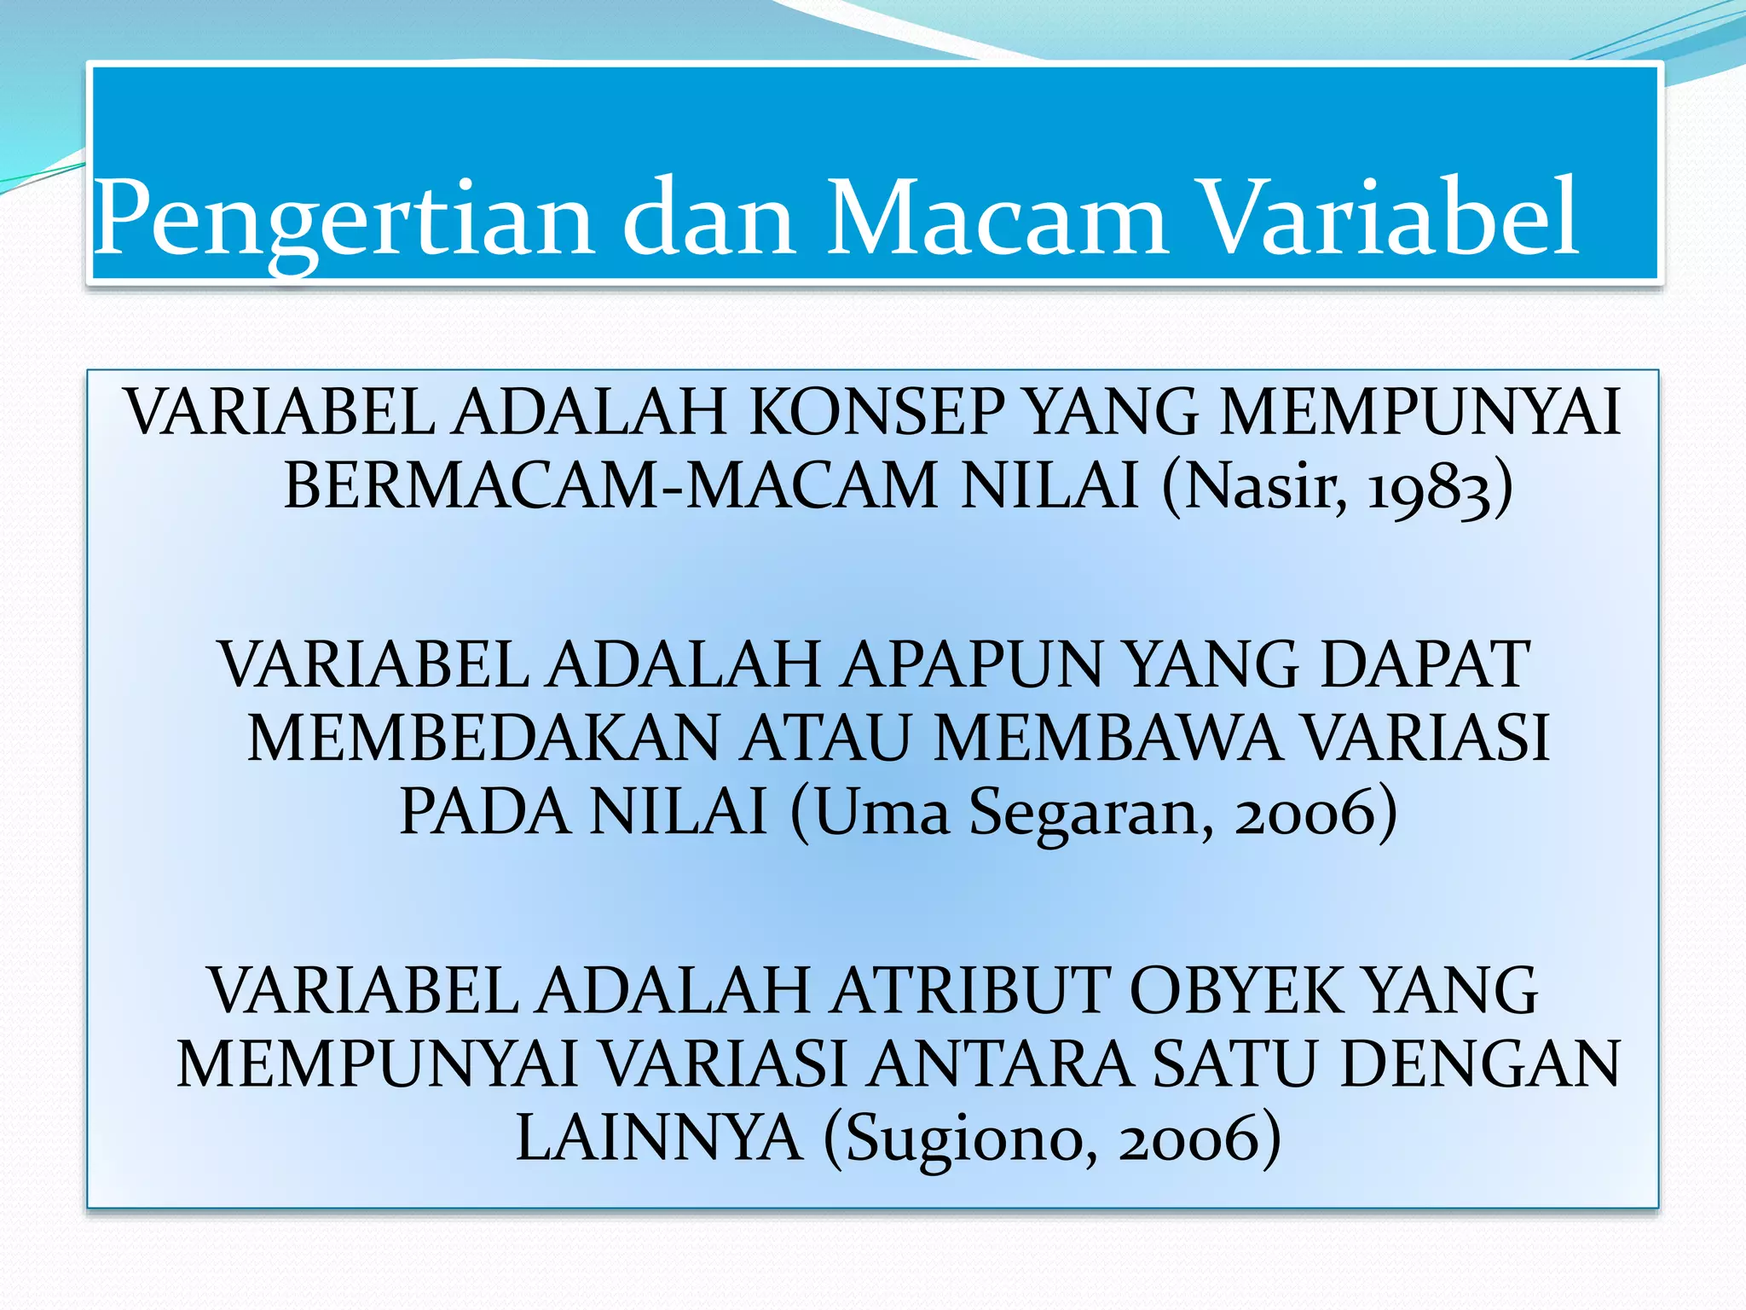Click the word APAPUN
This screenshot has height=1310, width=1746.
click(x=972, y=665)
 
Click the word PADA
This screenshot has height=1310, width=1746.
click(x=484, y=812)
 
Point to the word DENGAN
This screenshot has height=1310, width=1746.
click(x=1479, y=1064)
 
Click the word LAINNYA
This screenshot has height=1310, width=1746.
click(x=659, y=1139)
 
